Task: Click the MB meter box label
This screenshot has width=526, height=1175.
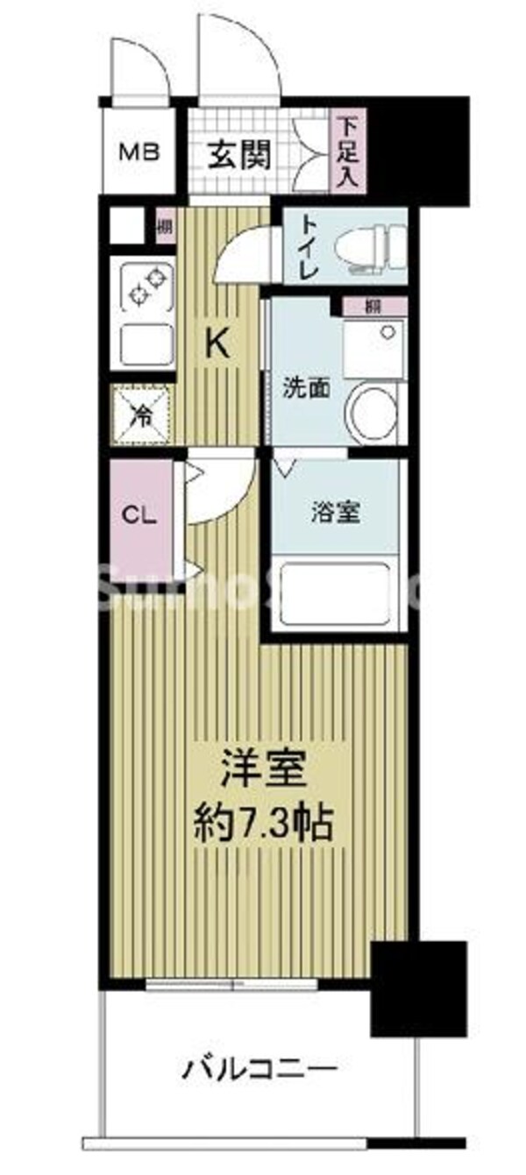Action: pyautogui.click(x=140, y=152)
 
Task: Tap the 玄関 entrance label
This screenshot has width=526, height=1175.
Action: pyautogui.click(x=238, y=155)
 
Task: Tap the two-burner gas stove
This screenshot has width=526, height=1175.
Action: pyautogui.click(x=143, y=289)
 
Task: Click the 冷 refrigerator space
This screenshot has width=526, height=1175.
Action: pyautogui.click(x=141, y=414)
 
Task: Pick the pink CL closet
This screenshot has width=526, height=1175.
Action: pyautogui.click(x=139, y=516)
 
